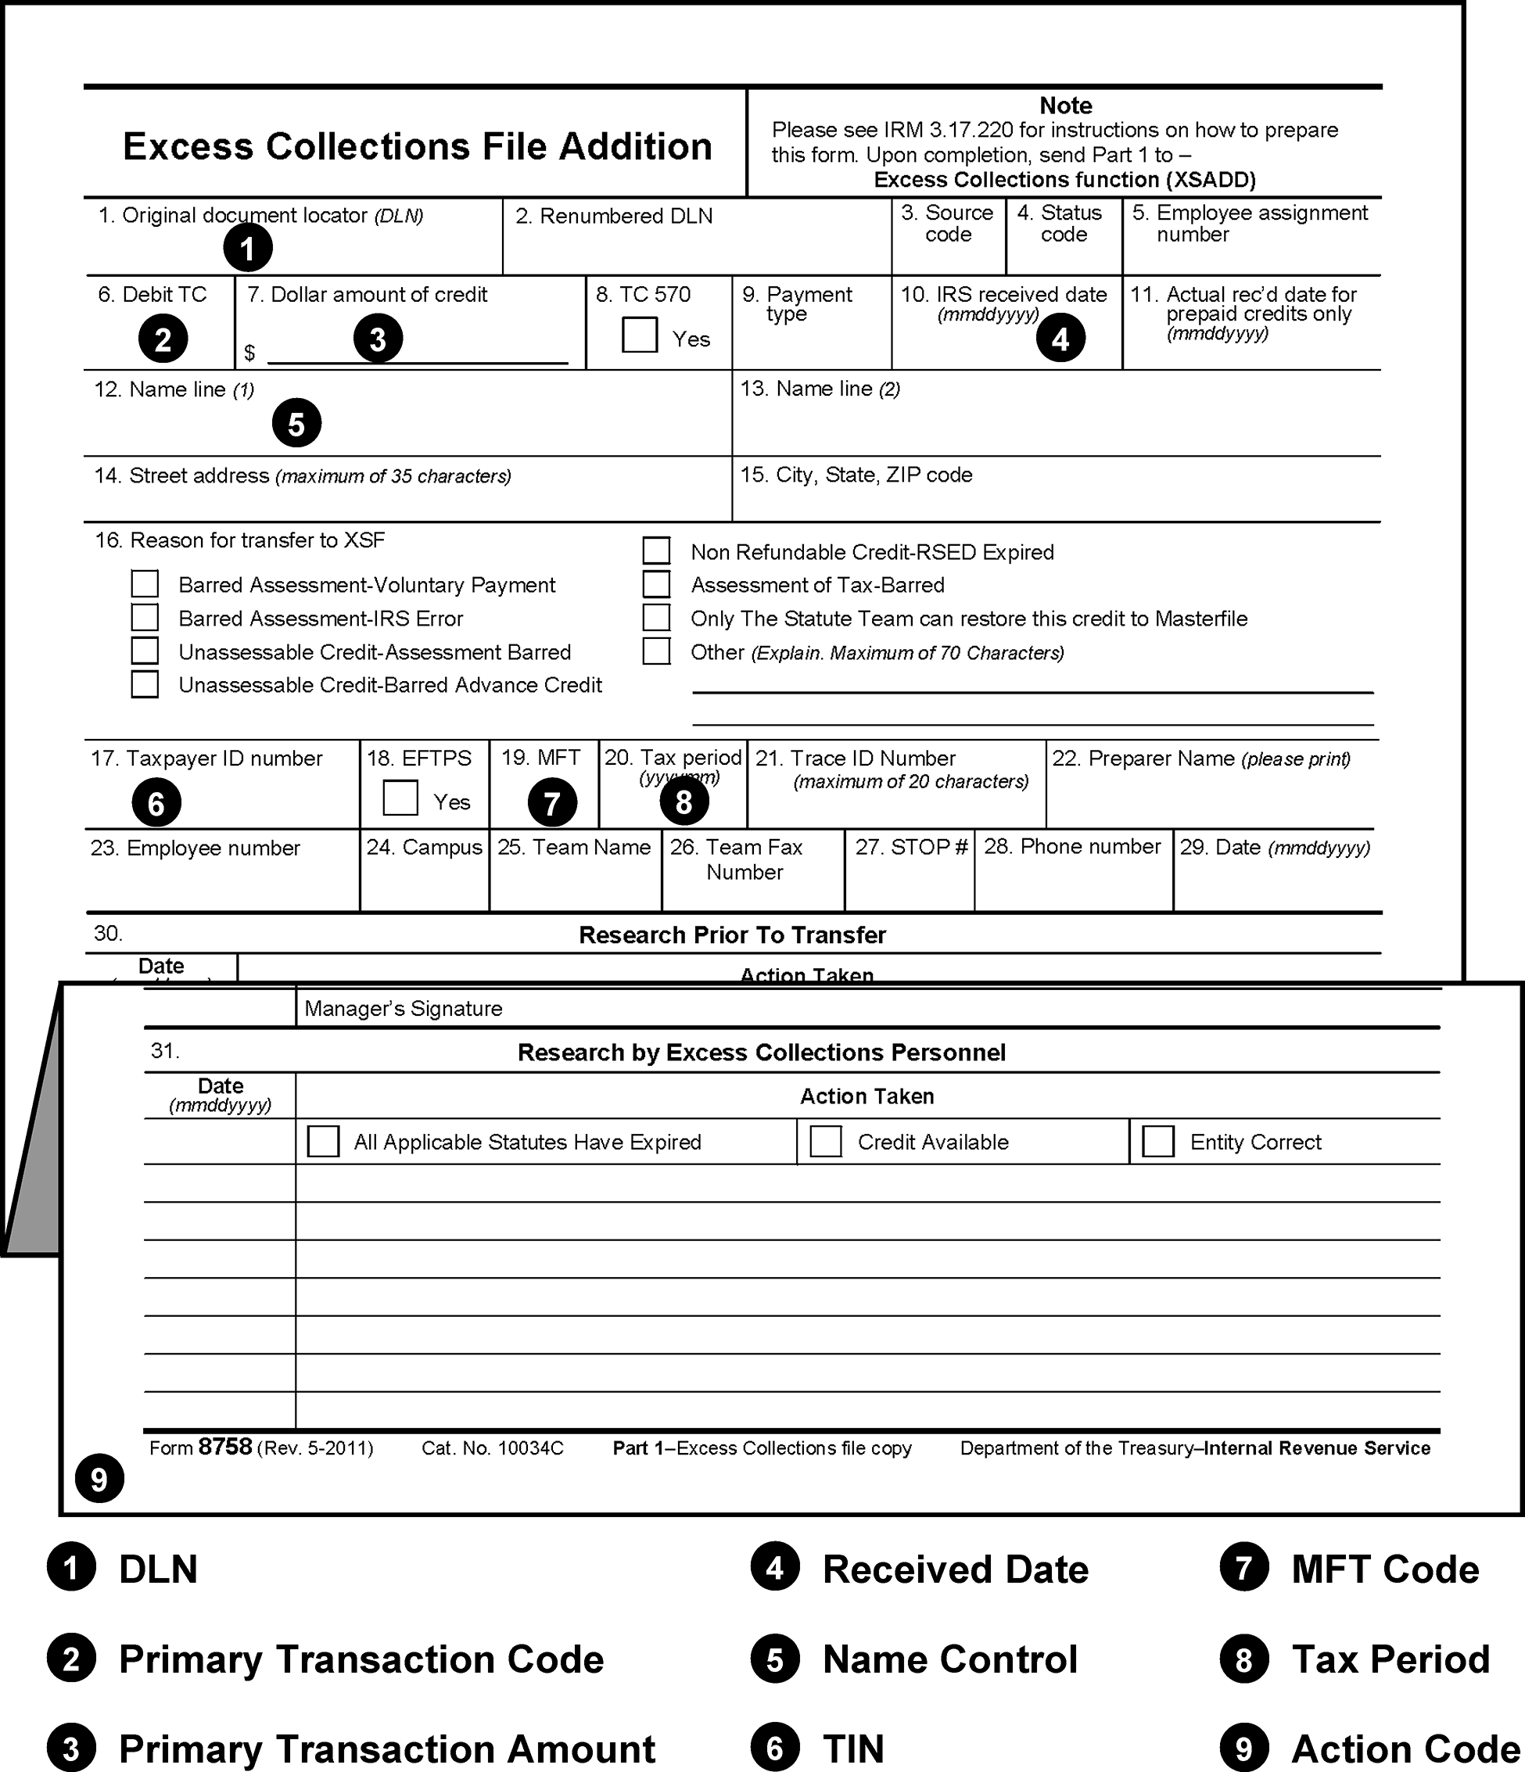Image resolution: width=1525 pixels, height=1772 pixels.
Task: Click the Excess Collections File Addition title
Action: pyautogui.click(x=418, y=146)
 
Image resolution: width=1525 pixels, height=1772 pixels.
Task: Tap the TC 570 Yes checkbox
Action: pyautogui.click(x=640, y=335)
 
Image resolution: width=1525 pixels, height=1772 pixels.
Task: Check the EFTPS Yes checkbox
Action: pyautogui.click(x=400, y=797)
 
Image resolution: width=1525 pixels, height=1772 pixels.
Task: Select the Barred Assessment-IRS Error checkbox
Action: pyautogui.click(x=145, y=617)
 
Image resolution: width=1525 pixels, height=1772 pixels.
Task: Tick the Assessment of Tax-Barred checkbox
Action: pyautogui.click(x=656, y=583)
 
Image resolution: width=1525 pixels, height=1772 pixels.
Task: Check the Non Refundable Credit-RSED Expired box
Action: pyautogui.click(x=656, y=550)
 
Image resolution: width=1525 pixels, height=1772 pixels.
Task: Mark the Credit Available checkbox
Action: pyautogui.click(x=825, y=1141)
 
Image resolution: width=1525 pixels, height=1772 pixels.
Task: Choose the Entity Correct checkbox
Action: pyautogui.click(x=1158, y=1141)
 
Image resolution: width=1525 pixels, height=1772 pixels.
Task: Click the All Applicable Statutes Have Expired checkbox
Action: pyautogui.click(x=322, y=1141)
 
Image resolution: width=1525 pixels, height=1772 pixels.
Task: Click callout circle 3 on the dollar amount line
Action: pyautogui.click(x=378, y=339)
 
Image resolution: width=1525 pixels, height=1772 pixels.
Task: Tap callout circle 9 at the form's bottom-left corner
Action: pyautogui.click(x=99, y=1479)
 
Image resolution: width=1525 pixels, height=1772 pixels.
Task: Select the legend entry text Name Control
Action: pyautogui.click(x=949, y=1659)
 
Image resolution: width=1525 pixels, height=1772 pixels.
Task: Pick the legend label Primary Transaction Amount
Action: pyautogui.click(x=386, y=1748)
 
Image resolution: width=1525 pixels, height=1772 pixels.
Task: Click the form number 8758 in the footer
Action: pyautogui.click(x=225, y=1447)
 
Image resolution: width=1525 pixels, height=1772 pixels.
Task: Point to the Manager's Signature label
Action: pyautogui.click(x=403, y=1008)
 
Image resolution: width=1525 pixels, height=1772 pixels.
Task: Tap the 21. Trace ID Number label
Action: pyautogui.click(x=873, y=758)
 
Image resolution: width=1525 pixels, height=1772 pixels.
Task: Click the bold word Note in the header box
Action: pyautogui.click(x=1065, y=106)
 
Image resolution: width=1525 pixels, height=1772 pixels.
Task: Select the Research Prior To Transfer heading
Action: pyautogui.click(x=732, y=934)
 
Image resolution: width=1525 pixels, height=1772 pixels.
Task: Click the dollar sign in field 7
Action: pyautogui.click(x=249, y=353)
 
